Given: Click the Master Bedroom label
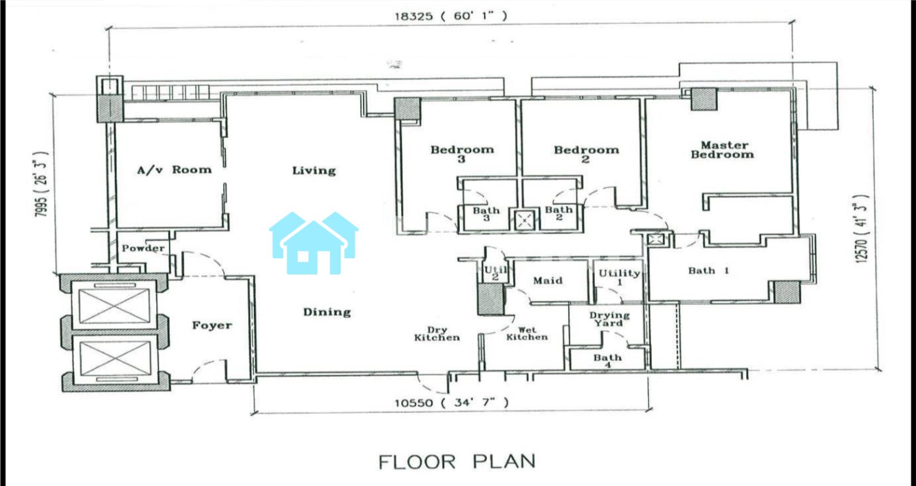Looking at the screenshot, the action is [x=722, y=150].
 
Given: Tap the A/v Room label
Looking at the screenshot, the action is [x=175, y=170].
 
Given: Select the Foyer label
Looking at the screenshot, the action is [x=212, y=325].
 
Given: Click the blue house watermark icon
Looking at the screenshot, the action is [x=314, y=243].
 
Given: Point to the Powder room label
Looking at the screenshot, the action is [x=143, y=248].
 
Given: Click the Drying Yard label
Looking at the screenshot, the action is [x=609, y=319].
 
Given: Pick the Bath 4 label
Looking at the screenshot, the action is [x=608, y=360].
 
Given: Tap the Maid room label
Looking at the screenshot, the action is [x=548, y=281].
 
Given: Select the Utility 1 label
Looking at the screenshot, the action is [x=619, y=277].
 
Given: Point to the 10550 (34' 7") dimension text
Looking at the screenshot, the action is [x=451, y=402].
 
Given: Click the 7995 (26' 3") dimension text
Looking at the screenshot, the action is [x=41, y=184].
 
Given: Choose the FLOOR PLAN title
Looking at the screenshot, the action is [x=457, y=462].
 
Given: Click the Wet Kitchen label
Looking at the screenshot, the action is [x=526, y=333].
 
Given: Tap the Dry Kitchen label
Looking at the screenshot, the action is [x=437, y=334].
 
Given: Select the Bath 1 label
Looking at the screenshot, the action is [x=708, y=271].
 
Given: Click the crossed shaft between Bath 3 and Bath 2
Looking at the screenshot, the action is [x=524, y=220].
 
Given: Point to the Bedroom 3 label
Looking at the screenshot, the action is [x=462, y=154].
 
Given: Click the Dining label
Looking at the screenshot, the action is [x=327, y=312].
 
